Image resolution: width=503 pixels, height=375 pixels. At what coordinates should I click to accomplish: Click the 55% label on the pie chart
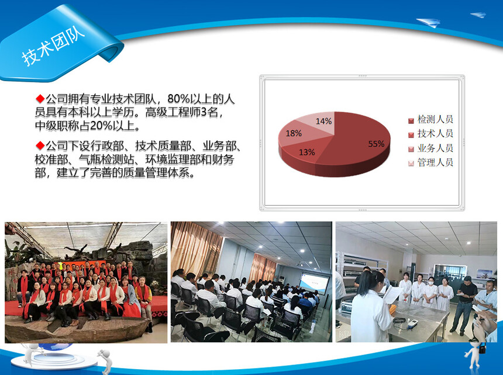coord(376,144)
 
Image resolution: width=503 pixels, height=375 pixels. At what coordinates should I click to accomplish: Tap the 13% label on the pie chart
coord(306,152)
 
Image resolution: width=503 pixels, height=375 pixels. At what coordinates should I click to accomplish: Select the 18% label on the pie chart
coord(294,133)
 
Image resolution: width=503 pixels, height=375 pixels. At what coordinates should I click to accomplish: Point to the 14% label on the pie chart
coord(323,121)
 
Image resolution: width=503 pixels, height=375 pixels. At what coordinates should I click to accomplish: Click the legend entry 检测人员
coord(431,120)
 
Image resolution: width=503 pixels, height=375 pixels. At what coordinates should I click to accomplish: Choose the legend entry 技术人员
coord(431,134)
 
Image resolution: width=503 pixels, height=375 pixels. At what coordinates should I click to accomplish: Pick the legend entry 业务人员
coord(431,148)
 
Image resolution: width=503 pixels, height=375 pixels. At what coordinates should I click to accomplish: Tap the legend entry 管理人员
coord(431,163)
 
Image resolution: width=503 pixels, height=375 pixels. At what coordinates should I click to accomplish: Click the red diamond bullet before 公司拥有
coord(40,99)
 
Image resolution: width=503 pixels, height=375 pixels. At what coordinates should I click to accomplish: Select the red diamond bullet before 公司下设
coord(40,145)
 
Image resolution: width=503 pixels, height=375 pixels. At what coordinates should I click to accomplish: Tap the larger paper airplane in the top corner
coord(428,22)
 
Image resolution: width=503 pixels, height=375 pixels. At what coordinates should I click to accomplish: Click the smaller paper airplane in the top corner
coord(478,15)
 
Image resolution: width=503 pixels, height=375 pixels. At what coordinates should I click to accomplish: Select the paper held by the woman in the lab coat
coord(392,294)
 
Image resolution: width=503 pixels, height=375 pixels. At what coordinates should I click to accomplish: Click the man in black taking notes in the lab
coord(465,304)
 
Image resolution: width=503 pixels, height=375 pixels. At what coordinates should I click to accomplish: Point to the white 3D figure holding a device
coord(476,354)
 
